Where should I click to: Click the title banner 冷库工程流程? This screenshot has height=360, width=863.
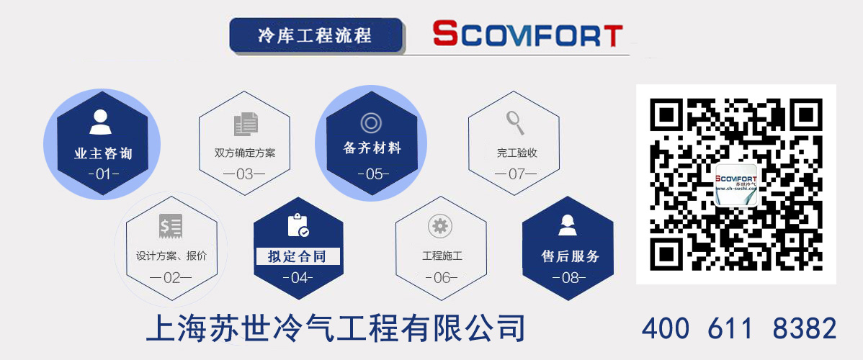coord(315,35)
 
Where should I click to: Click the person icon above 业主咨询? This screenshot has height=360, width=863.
coord(100,122)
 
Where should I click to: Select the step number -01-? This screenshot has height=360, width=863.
coord(102,174)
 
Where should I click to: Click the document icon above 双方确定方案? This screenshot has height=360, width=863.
coord(246,125)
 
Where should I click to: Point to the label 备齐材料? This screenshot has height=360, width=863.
coord(372,148)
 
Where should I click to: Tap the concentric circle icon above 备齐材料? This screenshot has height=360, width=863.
coord(370,122)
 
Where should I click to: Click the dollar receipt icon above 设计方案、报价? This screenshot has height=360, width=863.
coord(171,227)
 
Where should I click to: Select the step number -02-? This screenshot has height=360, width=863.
coord(171,277)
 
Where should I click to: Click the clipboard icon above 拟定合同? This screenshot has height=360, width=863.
coord(298,225)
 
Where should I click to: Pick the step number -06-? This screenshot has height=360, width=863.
coord(441,277)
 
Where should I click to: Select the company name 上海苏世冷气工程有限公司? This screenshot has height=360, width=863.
coord(335,329)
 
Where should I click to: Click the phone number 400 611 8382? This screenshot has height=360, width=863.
coord(739,328)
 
